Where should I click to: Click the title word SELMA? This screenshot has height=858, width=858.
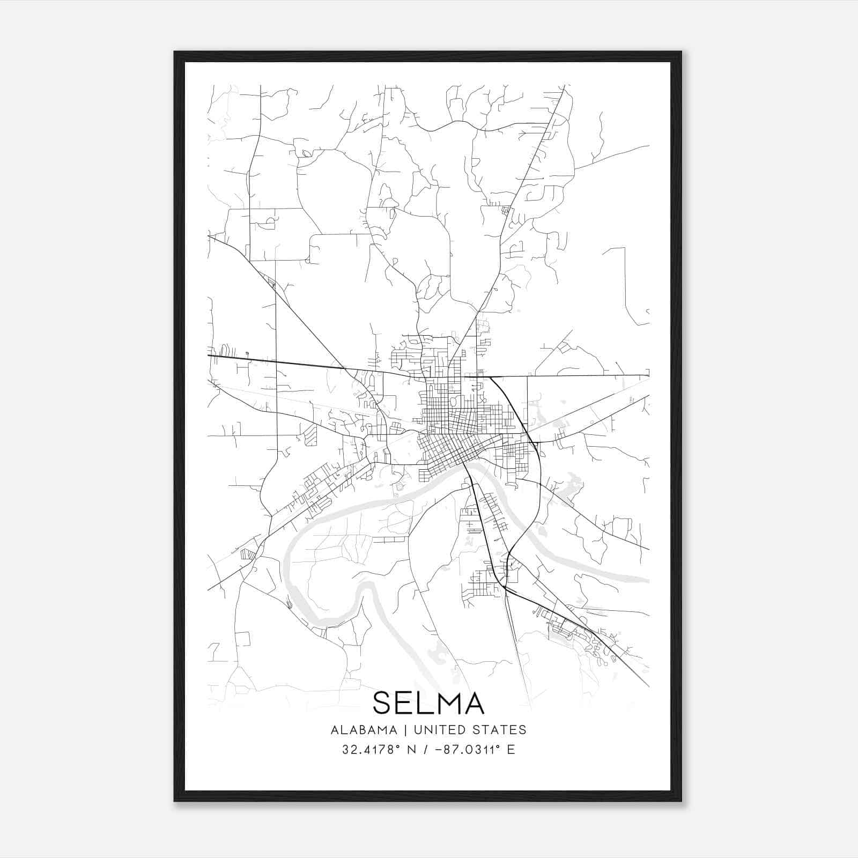point(428,703)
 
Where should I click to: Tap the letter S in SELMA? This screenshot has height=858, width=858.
point(384,703)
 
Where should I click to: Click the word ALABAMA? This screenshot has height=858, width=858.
point(364,730)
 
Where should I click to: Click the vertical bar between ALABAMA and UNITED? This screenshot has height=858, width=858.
point(405,730)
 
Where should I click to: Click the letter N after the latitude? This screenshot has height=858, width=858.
point(412,750)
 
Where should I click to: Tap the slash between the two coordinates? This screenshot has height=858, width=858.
point(426,750)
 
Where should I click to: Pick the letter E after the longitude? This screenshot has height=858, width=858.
point(511,750)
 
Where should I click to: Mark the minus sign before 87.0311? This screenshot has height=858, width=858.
point(440,750)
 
